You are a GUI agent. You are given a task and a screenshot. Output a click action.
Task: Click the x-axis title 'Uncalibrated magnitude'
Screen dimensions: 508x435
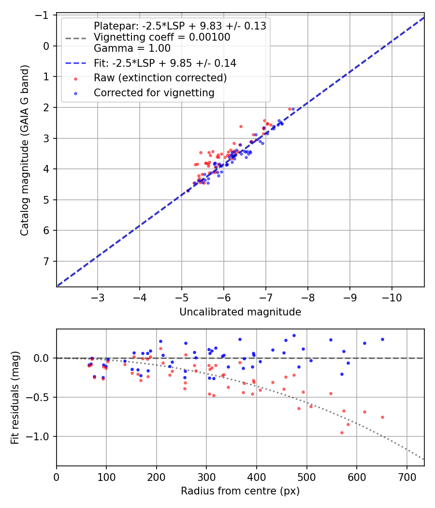(240, 312)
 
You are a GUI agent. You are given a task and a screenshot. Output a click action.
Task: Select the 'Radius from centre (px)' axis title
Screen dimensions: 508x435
(240, 491)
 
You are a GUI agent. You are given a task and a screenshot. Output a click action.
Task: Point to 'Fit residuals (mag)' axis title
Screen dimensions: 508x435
(15, 398)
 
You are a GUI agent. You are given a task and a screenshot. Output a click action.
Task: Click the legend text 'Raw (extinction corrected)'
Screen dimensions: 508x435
(160, 78)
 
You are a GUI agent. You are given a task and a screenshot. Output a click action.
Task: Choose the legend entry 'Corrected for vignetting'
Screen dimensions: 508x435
(154, 93)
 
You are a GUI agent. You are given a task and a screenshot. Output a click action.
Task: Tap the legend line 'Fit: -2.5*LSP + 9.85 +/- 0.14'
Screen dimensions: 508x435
(164, 63)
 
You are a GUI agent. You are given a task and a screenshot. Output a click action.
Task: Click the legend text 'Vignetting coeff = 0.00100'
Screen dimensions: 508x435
(162, 37)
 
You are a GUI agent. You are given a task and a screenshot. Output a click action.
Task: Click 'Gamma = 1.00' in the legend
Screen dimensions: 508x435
(132, 48)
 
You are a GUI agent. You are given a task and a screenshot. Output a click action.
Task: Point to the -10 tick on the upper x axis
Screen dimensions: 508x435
(391, 296)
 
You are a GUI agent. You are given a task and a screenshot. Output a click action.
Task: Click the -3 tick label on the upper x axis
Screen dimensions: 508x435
(98, 296)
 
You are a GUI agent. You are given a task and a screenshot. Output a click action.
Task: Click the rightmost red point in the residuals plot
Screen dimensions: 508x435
(382, 417)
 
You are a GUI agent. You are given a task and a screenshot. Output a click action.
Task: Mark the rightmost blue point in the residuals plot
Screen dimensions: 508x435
(382, 339)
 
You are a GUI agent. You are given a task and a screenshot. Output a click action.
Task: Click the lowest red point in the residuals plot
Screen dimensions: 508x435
(342, 433)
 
